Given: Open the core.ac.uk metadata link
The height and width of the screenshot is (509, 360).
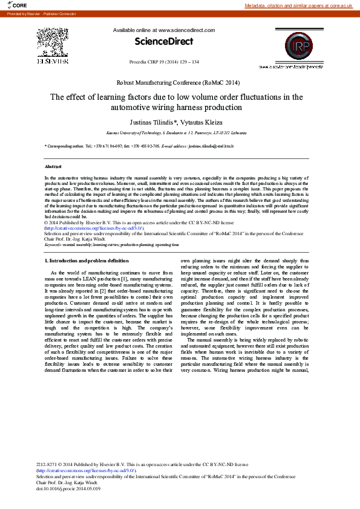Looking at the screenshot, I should click(298, 5).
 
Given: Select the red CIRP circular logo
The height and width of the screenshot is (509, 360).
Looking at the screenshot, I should click(296, 44).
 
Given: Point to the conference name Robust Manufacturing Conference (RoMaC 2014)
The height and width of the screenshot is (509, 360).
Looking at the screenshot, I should click(178, 82).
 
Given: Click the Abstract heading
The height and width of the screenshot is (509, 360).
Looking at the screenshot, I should click(53, 166).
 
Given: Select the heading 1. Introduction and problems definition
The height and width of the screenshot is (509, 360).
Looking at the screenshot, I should click(87, 261).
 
